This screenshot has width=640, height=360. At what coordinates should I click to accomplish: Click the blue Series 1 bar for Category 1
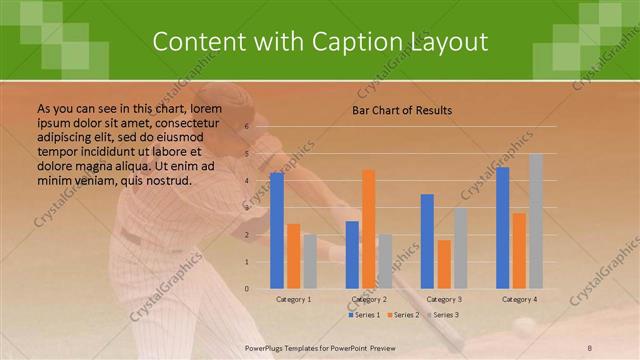coord(277,231)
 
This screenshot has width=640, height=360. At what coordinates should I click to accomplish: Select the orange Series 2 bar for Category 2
coord(369,229)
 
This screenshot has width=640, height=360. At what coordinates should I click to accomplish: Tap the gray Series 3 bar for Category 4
coord(536,221)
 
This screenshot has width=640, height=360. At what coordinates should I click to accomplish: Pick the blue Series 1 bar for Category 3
coord(427,241)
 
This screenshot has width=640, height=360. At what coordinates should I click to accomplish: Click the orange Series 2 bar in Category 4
coord(519,251)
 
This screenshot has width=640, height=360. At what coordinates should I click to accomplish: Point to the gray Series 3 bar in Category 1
coord(310,262)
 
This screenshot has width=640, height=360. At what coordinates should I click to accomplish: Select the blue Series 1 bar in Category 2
coord(352,255)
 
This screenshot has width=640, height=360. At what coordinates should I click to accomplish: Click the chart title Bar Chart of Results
coord(402,110)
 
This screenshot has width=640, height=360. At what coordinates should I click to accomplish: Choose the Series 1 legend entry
coord(364,315)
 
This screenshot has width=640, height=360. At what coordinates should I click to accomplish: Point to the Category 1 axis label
coord(293,299)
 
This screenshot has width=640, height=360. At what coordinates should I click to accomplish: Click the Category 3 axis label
coord(444,299)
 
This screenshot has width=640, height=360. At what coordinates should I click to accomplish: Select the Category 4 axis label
coord(519,299)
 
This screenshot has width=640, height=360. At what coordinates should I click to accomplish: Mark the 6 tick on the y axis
coord(247,127)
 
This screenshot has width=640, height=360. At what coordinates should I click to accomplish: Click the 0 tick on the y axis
coord(247,289)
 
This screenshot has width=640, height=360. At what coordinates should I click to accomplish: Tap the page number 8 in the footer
coord(590,348)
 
